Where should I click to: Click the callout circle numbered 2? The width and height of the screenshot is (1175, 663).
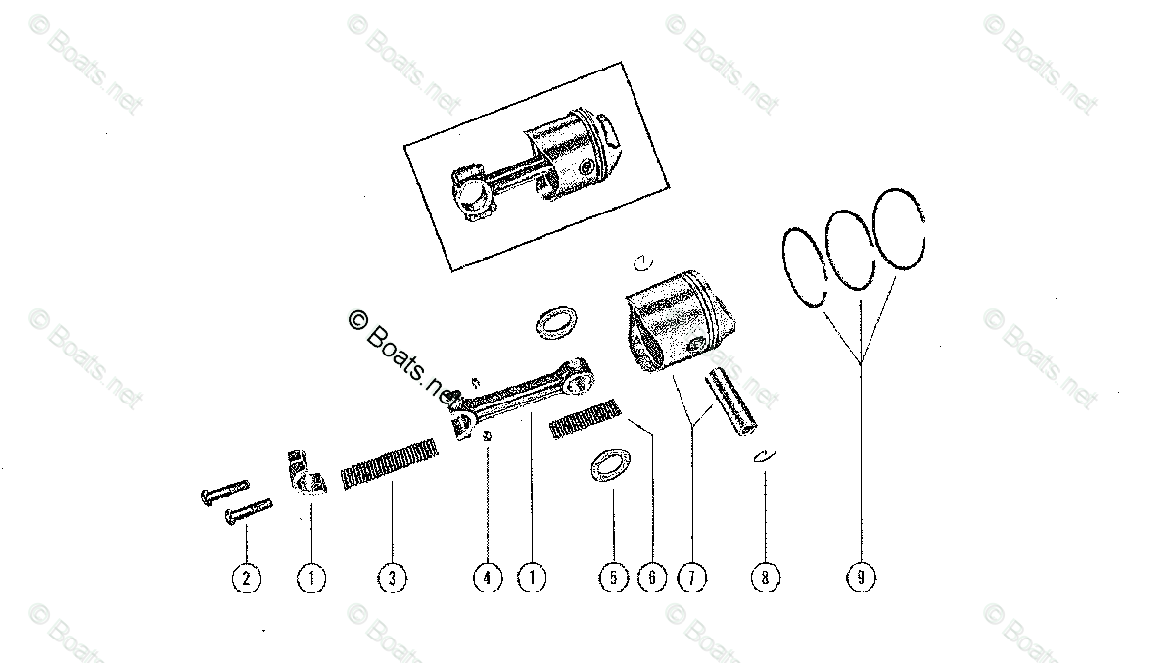(246, 578)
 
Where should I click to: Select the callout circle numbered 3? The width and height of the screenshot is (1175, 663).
(391, 578)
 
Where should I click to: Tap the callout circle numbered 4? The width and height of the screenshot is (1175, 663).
(487, 578)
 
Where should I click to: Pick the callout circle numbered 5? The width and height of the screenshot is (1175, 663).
(613, 578)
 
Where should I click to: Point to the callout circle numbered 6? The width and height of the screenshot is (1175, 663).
(651, 578)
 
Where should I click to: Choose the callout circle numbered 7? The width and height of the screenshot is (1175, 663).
(691, 578)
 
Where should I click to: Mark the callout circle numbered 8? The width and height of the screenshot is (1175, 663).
(765, 578)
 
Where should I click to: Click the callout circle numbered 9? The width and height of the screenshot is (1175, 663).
(861, 578)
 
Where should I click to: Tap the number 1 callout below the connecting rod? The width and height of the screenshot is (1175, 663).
(532, 578)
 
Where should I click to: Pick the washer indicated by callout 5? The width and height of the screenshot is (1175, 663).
(609, 465)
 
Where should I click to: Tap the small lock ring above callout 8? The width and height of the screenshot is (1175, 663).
(764, 455)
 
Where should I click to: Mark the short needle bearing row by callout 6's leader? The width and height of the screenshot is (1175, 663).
(586, 419)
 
